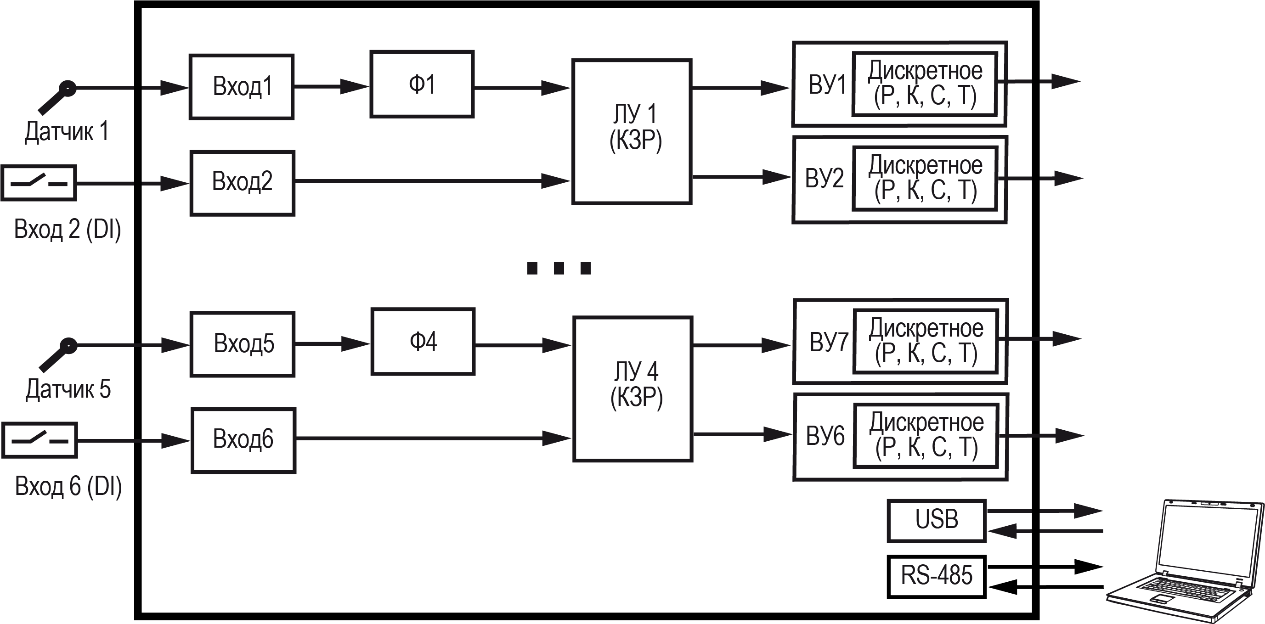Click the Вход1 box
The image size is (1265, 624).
pyautogui.click(x=242, y=87)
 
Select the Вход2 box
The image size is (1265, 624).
pyautogui.click(x=243, y=183)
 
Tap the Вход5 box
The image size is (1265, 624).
pyautogui.click(x=243, y=344)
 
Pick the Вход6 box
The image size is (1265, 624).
pyautogui.click(x=243, y=440)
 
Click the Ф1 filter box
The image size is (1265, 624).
pyautogui.click(x=422, y=84)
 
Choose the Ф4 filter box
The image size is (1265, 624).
pyautogui.click(x=423, y=342)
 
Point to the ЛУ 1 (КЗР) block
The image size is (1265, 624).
pyautogui.click(x=632, y=132)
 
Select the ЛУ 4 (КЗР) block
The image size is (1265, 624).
pyautogui.click(x=633, y=389)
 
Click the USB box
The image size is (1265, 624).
pyautogui.click(x=937, y=521)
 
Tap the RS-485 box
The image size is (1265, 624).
pyautogui.click(x=937, y=576)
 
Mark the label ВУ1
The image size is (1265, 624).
pyautogui.click(x=827, y=84)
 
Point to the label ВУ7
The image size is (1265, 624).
pyautogui.click(x=828, y=342)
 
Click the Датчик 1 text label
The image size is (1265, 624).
pyautogui.click(x=67, y=132)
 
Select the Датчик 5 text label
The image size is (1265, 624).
pyautogui.click(x=68, y=389)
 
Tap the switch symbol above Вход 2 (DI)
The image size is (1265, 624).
pyautogui.click(x=39, y=183)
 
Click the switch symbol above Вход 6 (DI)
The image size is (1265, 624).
pyautogui.click(x=40, y=440)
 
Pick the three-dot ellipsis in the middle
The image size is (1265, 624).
pyautogui.click(x=559, y=268)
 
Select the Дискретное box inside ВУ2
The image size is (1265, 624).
pyautogui.click(x=925, y=178)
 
